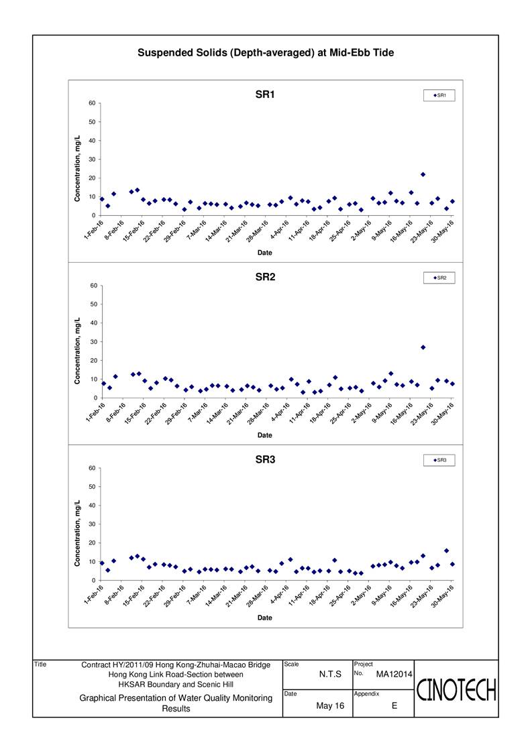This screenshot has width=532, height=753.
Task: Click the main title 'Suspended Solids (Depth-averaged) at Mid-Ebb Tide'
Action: [266, 52]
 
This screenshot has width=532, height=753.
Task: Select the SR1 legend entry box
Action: [439, 96]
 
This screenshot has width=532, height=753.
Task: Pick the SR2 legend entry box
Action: [439, 278]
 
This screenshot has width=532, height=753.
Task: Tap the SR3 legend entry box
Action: [439, 460]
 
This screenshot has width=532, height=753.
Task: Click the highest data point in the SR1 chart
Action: [423, 174]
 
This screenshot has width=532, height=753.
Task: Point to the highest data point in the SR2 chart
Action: [423, 347]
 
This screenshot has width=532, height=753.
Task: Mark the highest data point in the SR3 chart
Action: [447, 551]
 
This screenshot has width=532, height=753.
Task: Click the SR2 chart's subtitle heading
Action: [265, 277]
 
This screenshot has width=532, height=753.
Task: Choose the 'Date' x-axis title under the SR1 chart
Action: [265, 253]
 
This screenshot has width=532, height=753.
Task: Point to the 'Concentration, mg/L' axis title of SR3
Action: [78, 533]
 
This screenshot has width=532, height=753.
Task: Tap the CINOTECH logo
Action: [457, 689]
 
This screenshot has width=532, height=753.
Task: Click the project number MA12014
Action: [393, 673]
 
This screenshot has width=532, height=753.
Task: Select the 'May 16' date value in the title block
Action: [329, 705]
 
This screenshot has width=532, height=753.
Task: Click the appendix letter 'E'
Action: [394, 705]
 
